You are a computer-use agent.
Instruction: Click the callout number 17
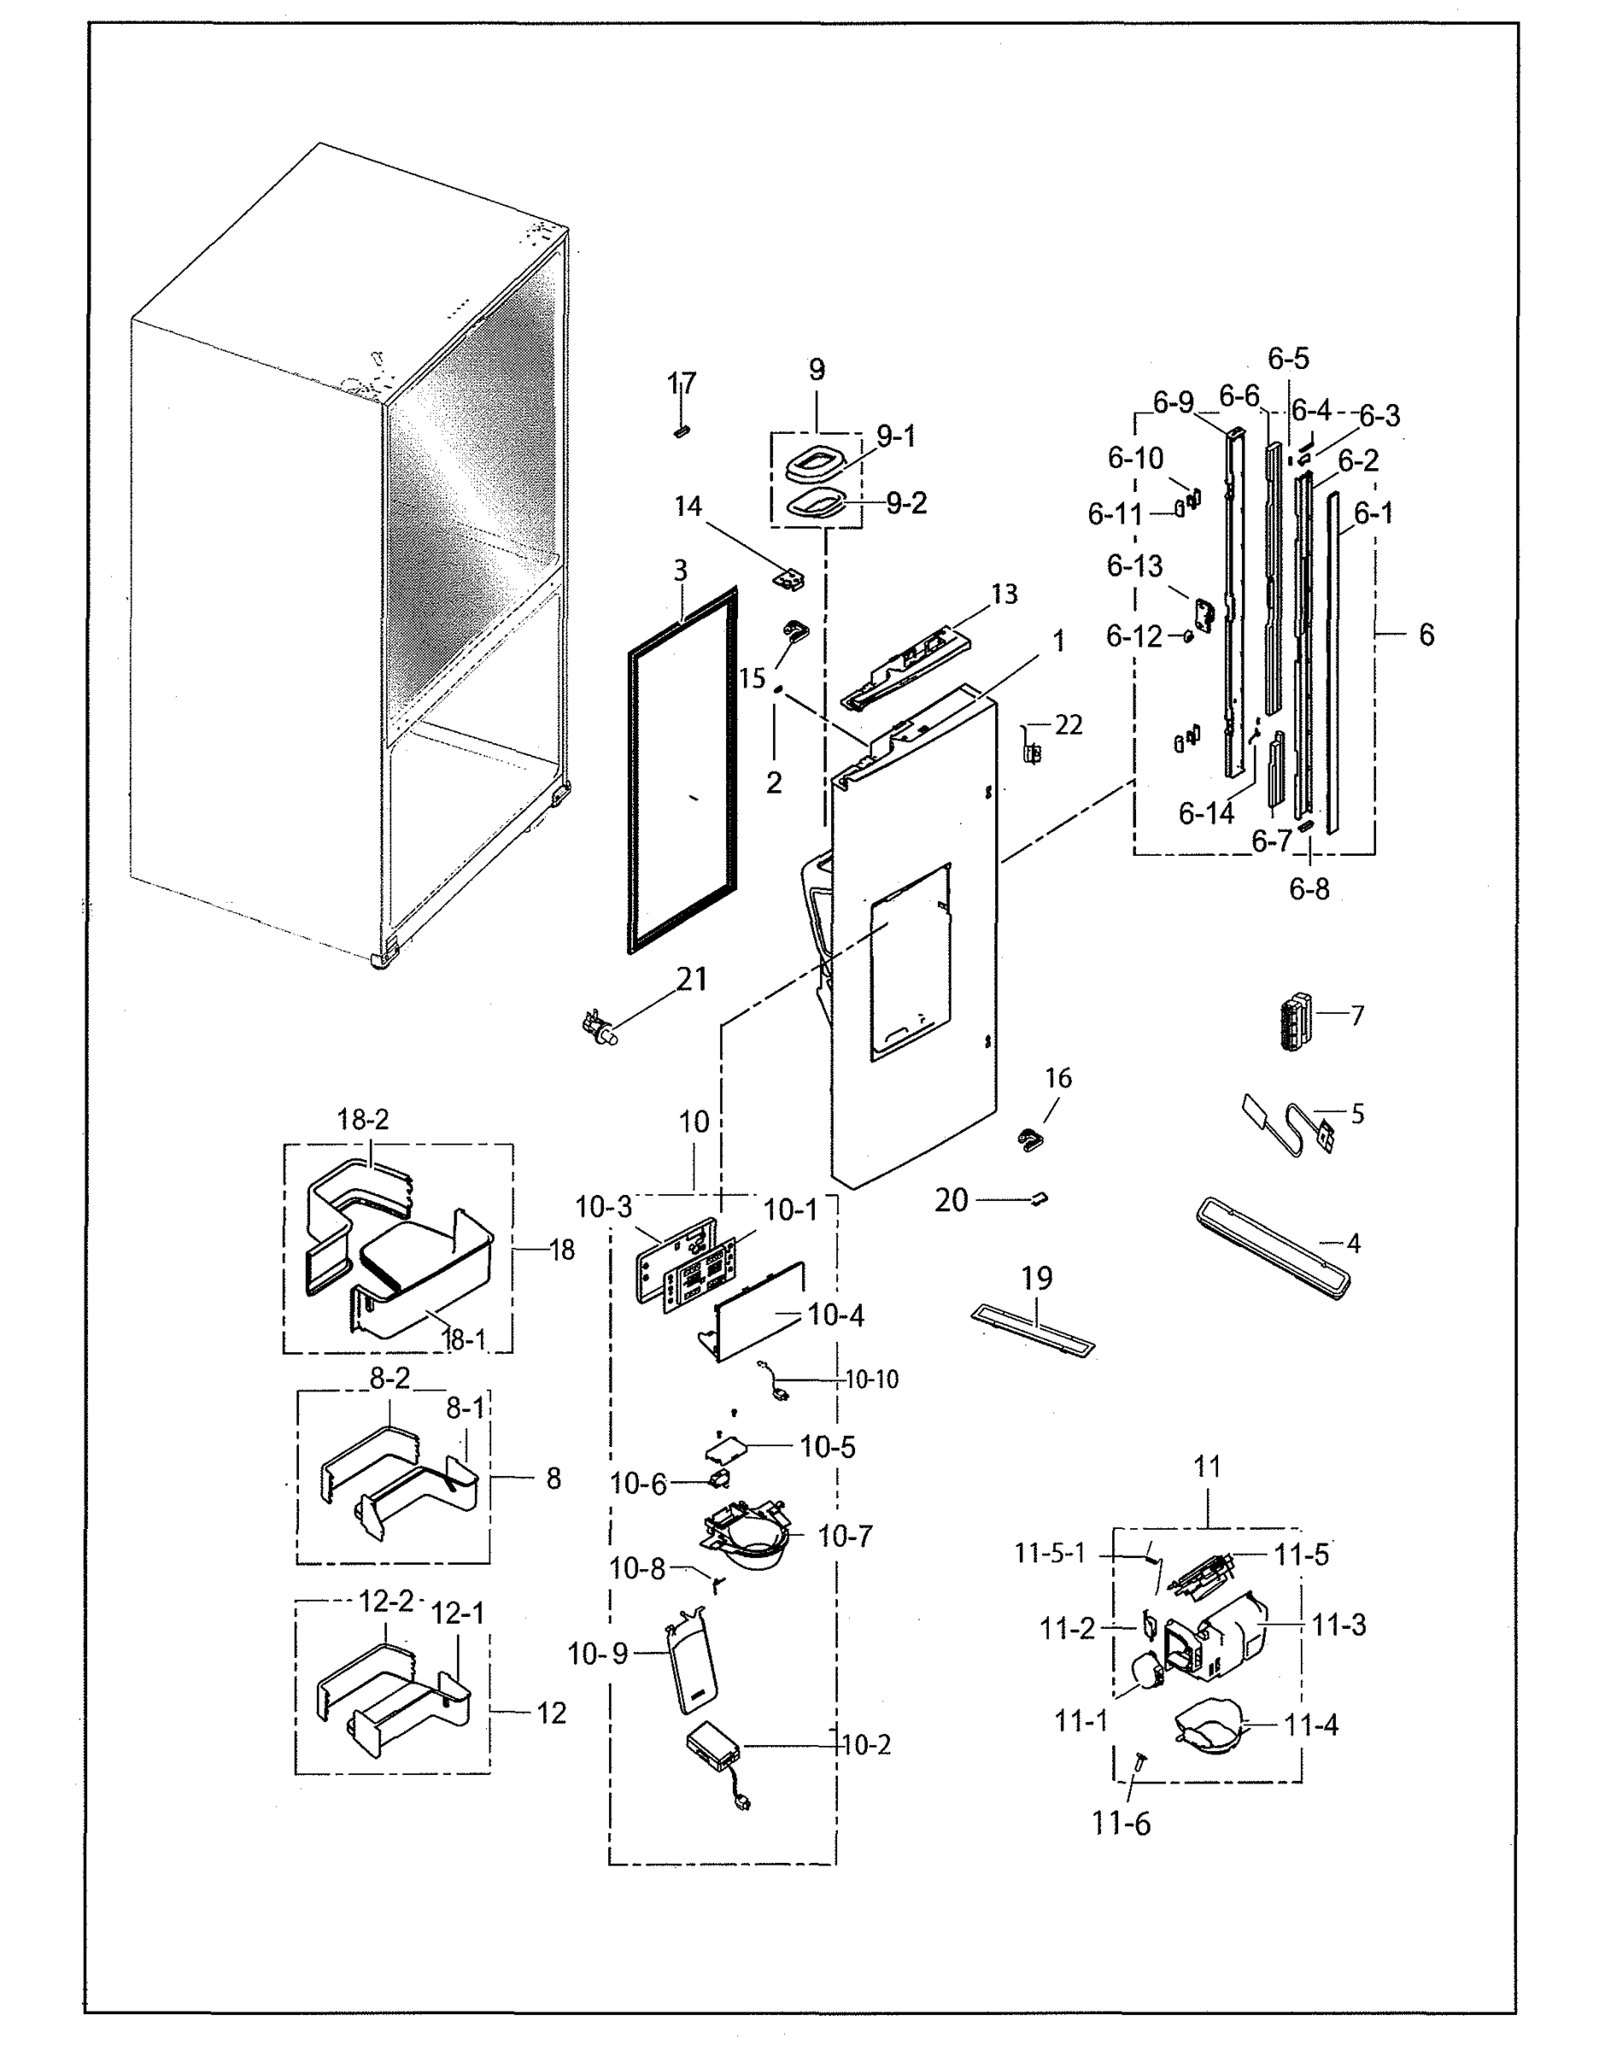682,383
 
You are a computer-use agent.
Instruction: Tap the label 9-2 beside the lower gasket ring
905,504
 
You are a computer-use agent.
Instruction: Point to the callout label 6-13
1133,566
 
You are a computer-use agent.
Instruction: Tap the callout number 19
1036,1278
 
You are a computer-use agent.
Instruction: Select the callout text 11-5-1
1049,1554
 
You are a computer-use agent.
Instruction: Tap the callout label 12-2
386,1602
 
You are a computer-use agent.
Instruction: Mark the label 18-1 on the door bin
464,1340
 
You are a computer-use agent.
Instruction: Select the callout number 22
1068,724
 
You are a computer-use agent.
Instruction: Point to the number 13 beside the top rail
1003,594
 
